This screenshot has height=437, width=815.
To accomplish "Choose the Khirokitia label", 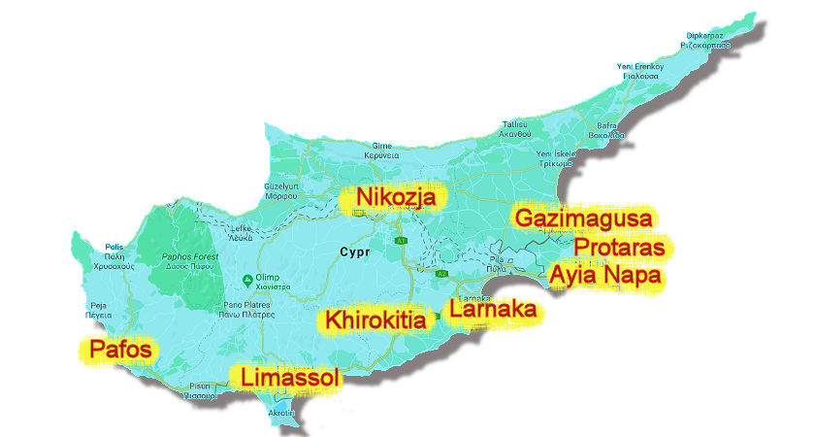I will click(376, 319).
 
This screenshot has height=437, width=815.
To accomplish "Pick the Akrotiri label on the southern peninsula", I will click(280, 413).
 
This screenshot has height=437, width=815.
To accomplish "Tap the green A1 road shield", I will click(399, 238).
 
